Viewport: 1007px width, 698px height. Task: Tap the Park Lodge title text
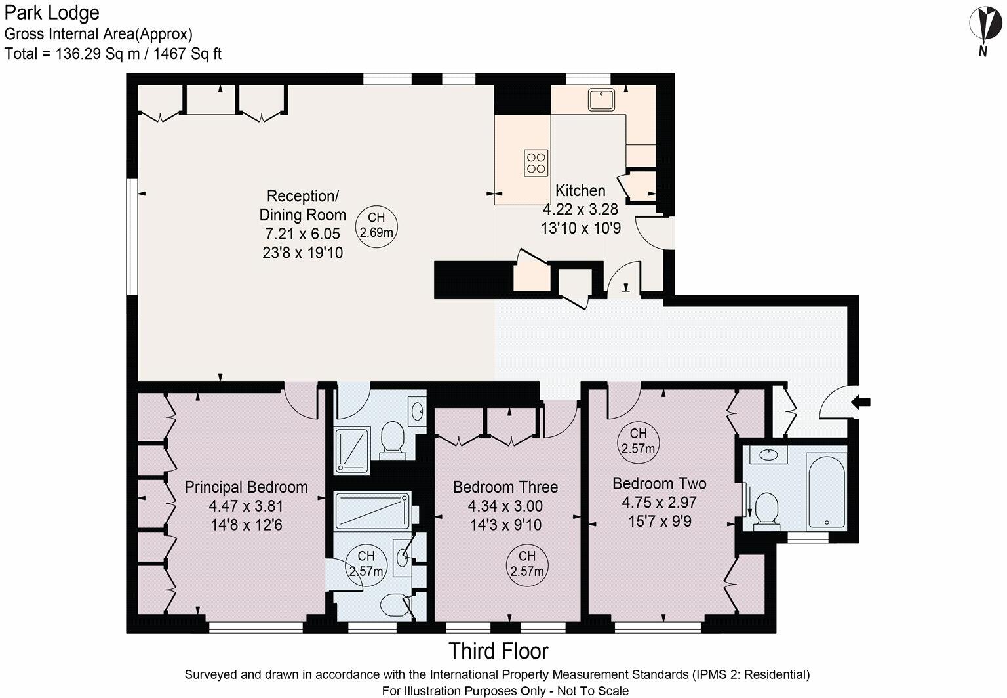tap(52, 12)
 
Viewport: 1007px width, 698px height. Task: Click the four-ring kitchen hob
tap(536, 163)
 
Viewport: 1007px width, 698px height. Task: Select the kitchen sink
tap(601, 100)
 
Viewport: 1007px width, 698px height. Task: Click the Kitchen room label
tap(580, 191)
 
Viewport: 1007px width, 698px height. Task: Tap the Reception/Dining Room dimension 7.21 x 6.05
tap(302, 234)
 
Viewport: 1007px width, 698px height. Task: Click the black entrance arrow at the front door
tap(861, 401)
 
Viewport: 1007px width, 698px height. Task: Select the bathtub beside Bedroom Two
tap(827, 490)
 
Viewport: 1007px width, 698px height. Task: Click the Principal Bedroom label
tap(247, 487)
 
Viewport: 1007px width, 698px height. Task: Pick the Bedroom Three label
tap(505, 487)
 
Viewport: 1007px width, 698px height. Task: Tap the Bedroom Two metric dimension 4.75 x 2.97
tap(659, 502)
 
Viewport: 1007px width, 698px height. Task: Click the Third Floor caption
tap(498, 651)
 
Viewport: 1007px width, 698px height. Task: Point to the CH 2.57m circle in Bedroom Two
tap(639, 441)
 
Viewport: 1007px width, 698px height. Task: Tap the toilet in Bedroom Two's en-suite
tap(766, 511)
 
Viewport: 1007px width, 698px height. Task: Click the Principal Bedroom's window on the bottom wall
tap(256, 627)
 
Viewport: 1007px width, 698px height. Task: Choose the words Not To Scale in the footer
tap(593, 691)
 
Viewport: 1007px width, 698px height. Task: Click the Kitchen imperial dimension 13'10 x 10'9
tap(581, 228)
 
